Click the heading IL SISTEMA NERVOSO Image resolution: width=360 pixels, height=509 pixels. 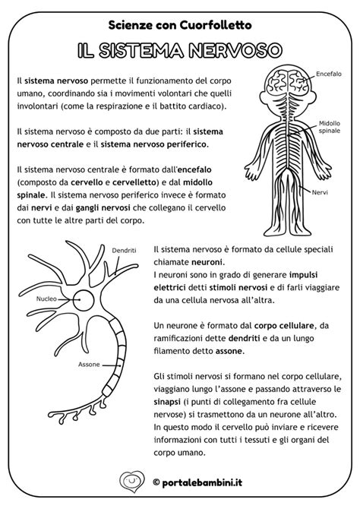180,50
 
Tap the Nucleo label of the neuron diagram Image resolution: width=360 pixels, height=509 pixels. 46,299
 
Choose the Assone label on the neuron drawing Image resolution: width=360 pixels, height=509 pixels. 88,365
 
